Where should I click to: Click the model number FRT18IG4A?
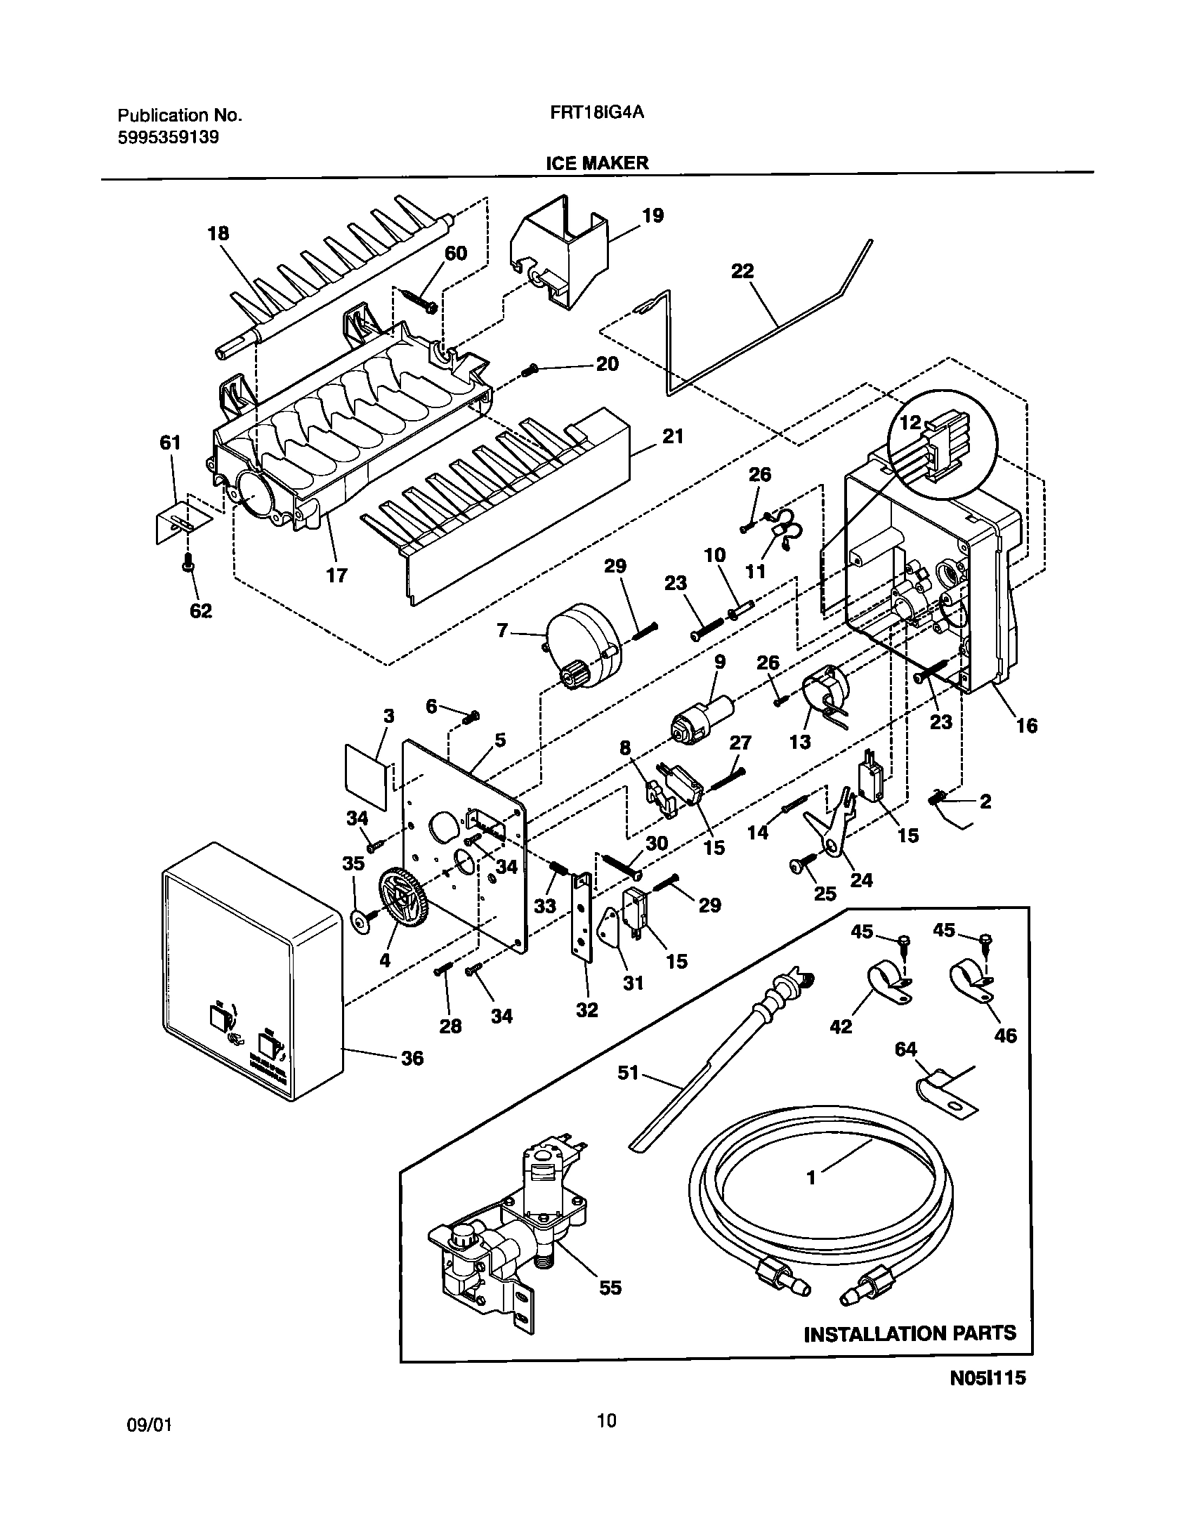click(596, 114)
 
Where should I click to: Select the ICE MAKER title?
click(597, 163)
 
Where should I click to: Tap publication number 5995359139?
click(168, 137)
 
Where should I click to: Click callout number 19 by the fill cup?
click(652, 215)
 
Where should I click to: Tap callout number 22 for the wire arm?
click(742, 270)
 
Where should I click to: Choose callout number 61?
click(170, 443)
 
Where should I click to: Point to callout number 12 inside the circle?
click(910, 423)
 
